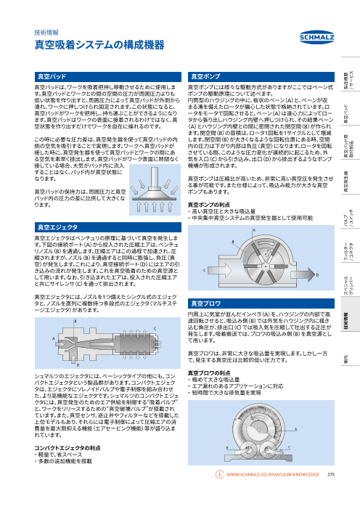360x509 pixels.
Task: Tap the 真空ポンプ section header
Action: (x=205, y=75)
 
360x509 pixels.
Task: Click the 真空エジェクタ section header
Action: (x=57, y=227)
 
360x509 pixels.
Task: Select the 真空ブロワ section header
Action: (x=205, y=301)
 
